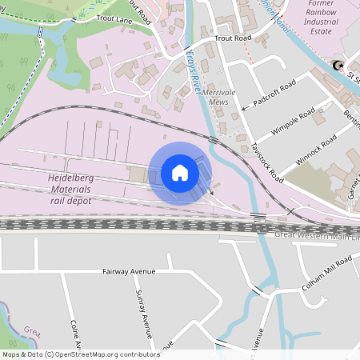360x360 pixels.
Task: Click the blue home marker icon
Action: tap(180, 173)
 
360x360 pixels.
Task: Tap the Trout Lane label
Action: tap(112, 17)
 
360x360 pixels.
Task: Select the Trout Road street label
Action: tap(233, 38)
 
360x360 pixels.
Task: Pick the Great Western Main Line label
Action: tap(317, 236)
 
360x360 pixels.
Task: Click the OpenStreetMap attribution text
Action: tap(81, 354)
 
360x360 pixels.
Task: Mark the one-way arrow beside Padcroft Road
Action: tap(244, 106)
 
